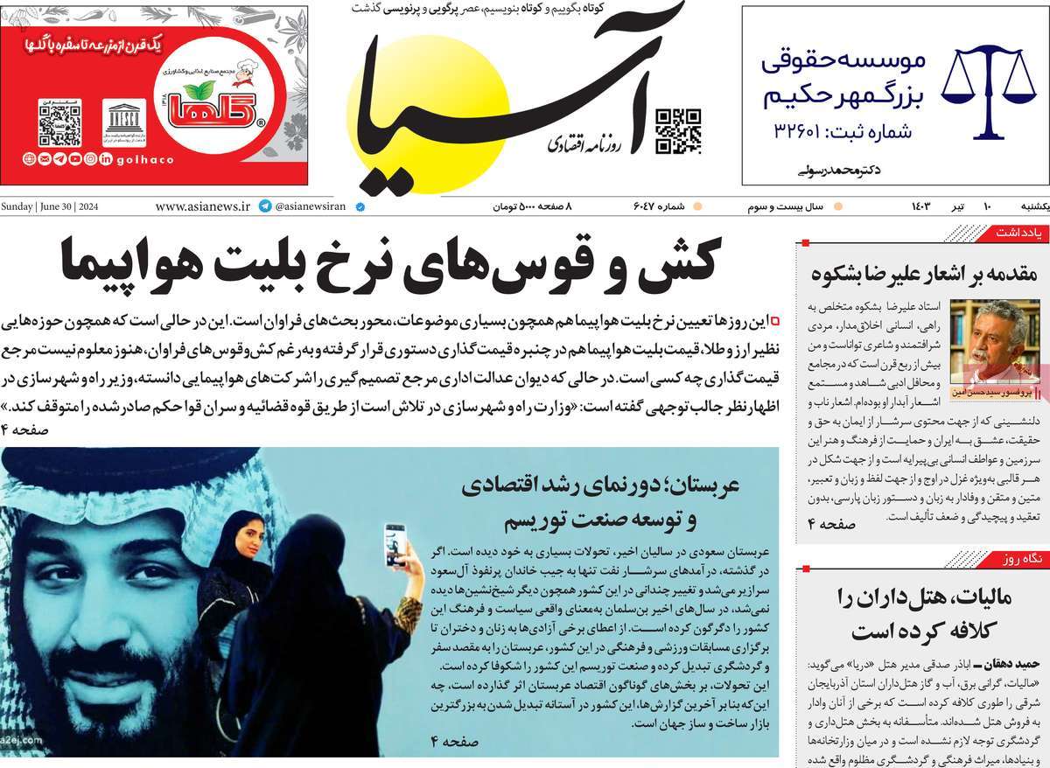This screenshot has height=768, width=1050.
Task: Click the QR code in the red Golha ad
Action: (x=59, y=122)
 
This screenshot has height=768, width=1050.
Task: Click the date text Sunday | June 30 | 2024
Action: (x=51, y=207)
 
